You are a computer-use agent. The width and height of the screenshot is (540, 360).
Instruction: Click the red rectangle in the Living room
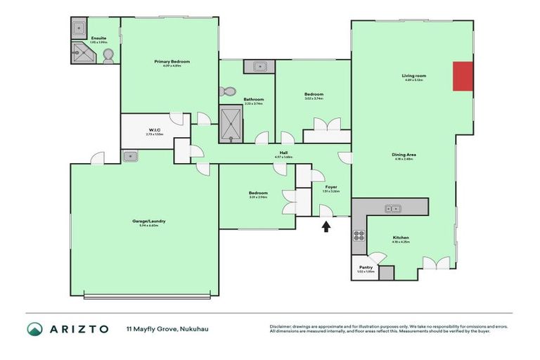pos(463,76)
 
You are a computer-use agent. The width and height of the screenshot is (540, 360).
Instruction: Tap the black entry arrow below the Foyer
pos(326,226)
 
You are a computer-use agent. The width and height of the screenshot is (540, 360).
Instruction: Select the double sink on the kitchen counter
pos(392,208)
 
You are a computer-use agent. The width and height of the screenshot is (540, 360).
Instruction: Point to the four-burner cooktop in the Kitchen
pos(359,236)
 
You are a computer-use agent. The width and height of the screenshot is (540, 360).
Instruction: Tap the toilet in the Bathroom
pos(227,91)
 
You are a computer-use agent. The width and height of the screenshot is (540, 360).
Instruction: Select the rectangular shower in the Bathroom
pos(231,124)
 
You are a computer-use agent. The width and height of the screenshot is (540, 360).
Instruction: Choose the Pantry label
pos(366,268)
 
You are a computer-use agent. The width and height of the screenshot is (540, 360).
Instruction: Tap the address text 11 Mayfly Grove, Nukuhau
pos(167,329)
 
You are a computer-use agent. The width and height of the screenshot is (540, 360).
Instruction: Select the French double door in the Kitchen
pos(436,264)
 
